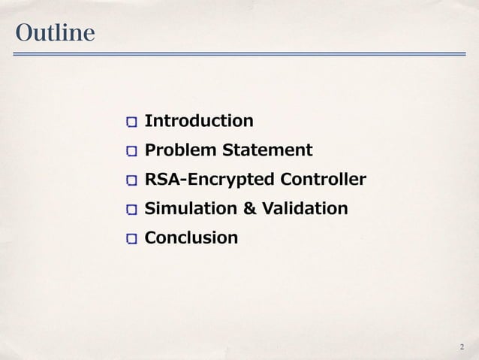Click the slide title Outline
(54, 34)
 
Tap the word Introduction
(199, 121)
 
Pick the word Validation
(302, 208)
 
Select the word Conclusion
(191, 238)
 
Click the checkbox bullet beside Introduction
(132, 122)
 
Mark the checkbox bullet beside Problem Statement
(132, 151)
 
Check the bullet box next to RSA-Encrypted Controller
(132, 181)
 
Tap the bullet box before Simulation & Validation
(132, 209)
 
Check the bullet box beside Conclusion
(132, 239)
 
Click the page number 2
(461, 346)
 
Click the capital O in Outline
(23, 34)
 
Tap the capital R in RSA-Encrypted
(150, 180)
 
